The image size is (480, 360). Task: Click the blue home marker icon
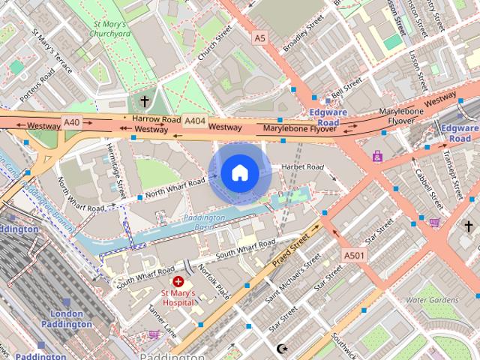click(x=239, y=173)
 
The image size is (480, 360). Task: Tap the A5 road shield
click(x=259, y=37)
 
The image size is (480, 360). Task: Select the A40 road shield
click(x=71, y=121)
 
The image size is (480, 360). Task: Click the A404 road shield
click(x=194, y=120)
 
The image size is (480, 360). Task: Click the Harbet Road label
click(x=304, y=166)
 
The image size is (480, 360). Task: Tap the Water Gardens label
click(x=431, y=300)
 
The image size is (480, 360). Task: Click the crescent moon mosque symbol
click(x=283, y=349)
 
